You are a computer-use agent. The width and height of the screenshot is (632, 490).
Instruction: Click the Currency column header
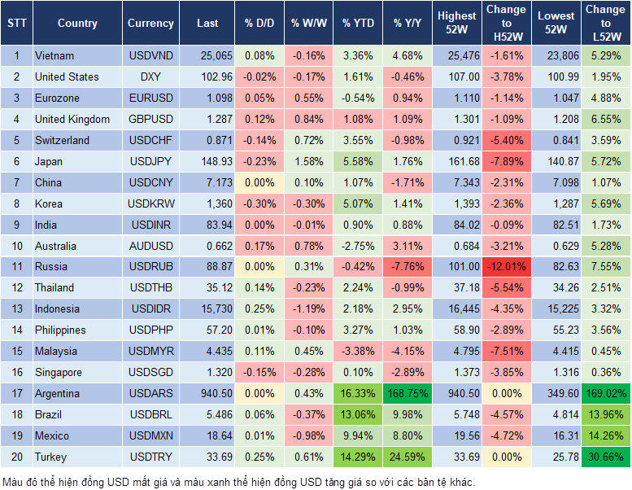coord(150,24)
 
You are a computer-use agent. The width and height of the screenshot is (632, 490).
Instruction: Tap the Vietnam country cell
coord(54,55)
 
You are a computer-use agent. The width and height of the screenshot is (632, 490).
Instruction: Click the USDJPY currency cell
coord(150,161)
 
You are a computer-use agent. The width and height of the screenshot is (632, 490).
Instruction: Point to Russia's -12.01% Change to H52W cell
coord(506,266)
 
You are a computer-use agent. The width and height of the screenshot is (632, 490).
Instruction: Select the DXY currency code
coord(150,77)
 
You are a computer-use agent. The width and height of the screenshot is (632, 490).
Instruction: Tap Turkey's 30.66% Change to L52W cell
coord(606,457)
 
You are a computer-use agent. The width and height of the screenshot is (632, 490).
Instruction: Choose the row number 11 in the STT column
coord(16,266)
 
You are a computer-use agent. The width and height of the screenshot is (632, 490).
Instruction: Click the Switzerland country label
coord(62,140)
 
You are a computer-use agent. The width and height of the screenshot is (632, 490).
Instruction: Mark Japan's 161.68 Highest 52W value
coord(456,161)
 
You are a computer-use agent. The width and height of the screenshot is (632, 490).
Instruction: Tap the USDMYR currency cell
coord(150,351)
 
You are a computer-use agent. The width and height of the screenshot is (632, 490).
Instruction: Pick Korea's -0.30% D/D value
coord(259,203)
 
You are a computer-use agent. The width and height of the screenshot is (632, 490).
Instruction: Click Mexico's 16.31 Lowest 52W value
coord(556,435)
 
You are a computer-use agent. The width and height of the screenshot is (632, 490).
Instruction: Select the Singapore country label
coord(58,372)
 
